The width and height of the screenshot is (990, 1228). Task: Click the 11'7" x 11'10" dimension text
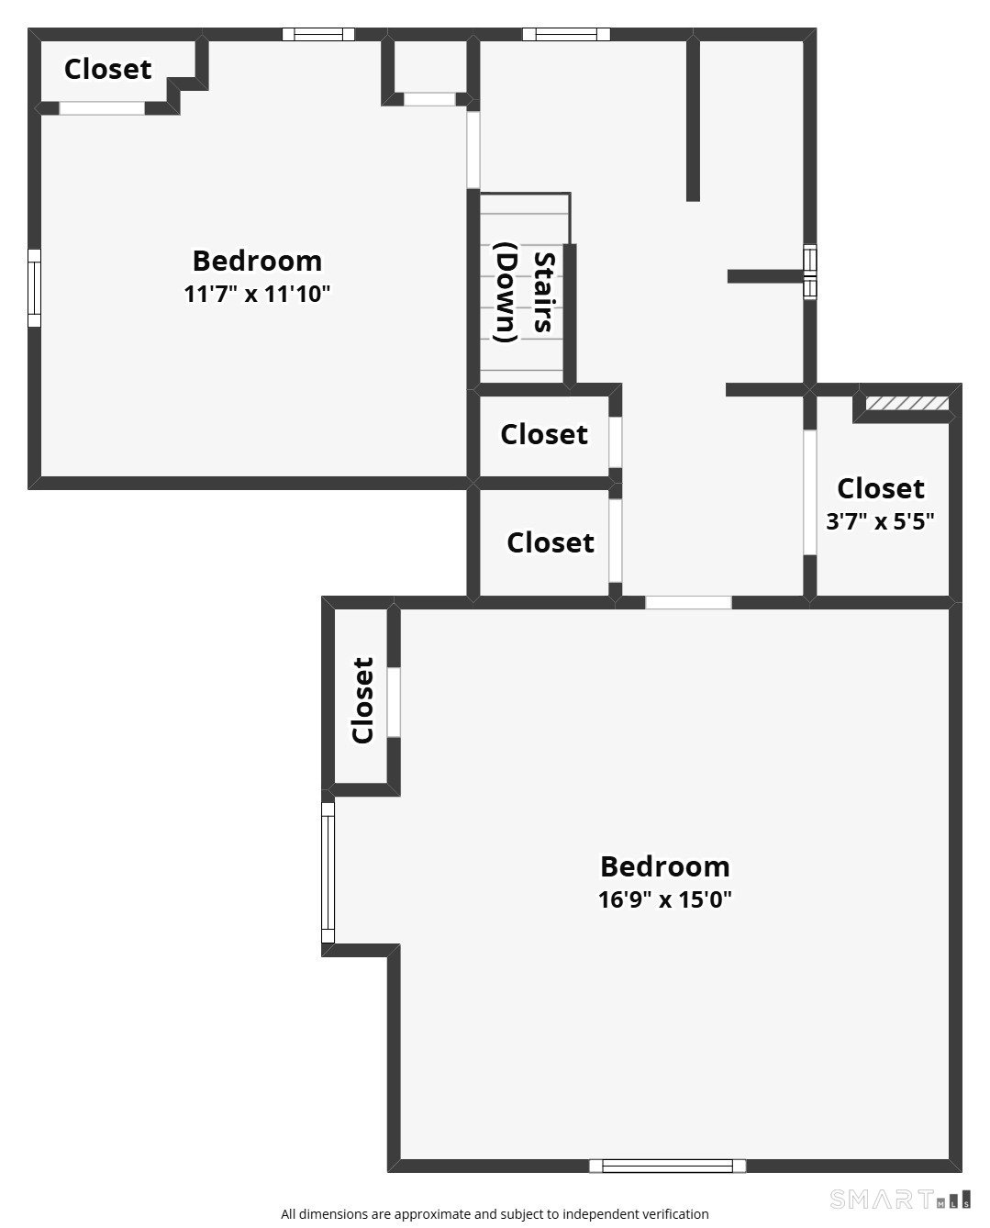[x=257, y=295]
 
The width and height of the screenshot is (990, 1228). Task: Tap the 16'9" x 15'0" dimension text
[x=665, y=899]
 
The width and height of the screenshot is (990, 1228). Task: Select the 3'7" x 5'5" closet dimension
[x=880, y=522]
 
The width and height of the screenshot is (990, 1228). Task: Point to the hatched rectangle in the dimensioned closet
[x=907, y=404]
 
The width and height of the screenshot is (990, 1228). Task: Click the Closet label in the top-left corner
[x=107, y=69]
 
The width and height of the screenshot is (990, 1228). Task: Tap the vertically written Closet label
[x=363, y=700]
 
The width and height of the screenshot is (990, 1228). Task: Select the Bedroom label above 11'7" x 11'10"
[x=257, y=261]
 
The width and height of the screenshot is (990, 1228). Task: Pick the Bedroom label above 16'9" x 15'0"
[x=665, y=866]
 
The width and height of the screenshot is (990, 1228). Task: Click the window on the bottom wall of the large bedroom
[x=667, y=1166]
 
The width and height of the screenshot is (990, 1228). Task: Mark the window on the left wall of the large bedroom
[x=328, y=872]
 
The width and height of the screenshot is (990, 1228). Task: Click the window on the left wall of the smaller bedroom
[x=34, y=287]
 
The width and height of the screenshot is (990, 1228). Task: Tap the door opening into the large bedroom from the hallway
[x=688, y=603]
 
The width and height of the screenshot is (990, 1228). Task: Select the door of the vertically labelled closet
[x=394, y=702]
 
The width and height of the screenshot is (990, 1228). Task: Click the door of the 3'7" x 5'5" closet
[x=810, y=493]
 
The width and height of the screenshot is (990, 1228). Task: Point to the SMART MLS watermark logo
[x=899, y=1200]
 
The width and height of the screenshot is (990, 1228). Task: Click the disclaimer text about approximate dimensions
[x=495, y=1214]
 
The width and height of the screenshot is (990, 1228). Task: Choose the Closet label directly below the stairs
[x=543, y=434]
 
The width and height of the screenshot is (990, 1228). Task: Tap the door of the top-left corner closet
[x=102, y=108]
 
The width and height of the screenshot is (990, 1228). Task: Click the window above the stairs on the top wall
[x=566, y=35]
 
